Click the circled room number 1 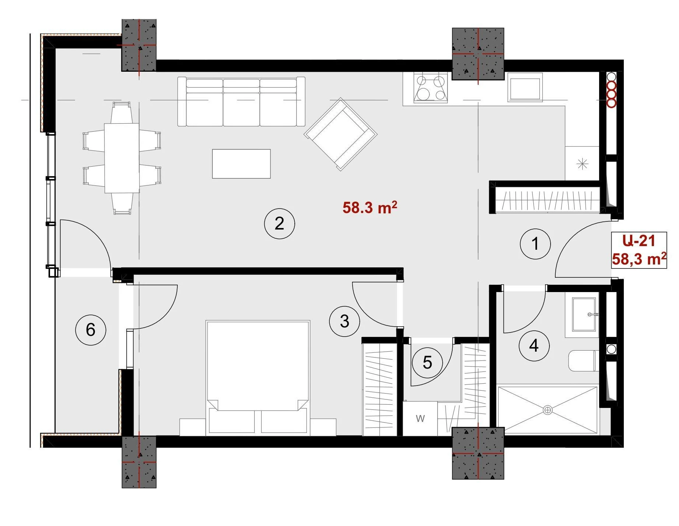coord(535,244)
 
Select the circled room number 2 coord(279,223)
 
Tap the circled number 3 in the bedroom coord(344,321)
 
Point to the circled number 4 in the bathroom coord(534,345)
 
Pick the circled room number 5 coord(427,363)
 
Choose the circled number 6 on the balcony coord(91,330)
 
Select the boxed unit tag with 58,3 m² coord(639,250)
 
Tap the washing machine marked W coord(420,418)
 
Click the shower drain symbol coord(548,409)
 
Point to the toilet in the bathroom coord(583,361)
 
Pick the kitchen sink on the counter coord(525,87)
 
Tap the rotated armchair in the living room coord(340,134)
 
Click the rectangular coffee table coord(241,164)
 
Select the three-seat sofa coord(241,102)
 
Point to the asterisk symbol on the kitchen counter coord(582,164)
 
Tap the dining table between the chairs coord(122,158)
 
